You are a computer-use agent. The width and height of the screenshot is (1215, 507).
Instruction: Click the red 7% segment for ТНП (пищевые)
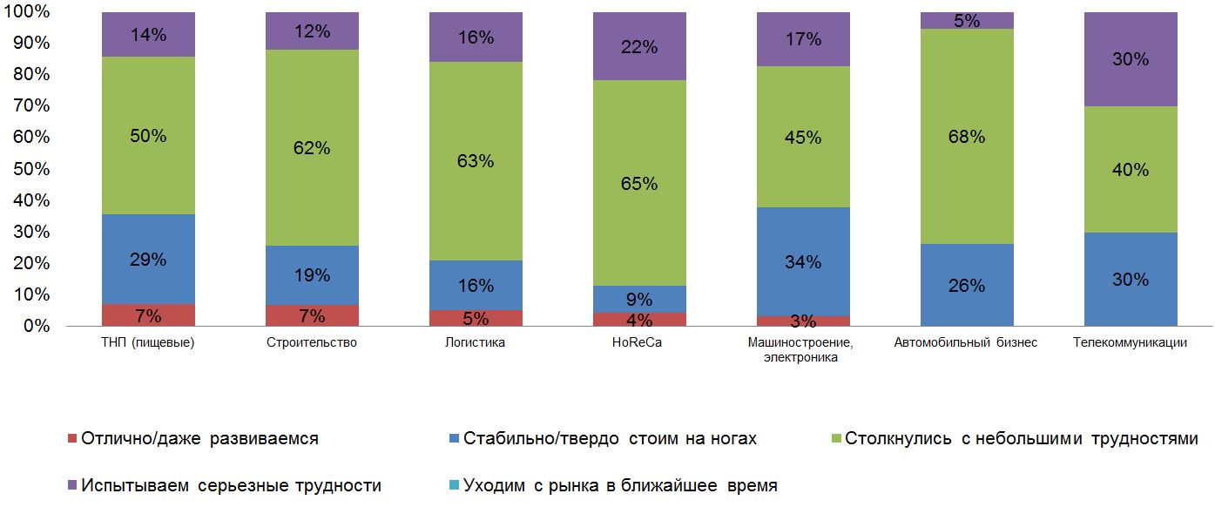coord(148,315)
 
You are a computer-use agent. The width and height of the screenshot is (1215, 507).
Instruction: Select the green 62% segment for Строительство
coord(312,148)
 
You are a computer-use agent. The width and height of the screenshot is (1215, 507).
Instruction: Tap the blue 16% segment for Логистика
coord(476,286)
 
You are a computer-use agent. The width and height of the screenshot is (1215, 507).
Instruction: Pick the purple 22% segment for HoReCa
coord(639,47)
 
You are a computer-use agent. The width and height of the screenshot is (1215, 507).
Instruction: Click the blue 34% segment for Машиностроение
coord(803,261)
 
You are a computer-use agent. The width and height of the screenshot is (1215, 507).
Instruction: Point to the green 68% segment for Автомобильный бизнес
coord(967,137)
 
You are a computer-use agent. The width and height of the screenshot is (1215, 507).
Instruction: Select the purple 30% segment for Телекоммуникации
coord(1131,59)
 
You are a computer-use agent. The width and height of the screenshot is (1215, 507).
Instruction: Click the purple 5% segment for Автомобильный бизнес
coord(967,21)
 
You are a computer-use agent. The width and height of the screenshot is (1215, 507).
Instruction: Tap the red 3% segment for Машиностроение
coord(803,321)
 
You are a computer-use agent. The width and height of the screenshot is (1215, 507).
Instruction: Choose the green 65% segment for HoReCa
coord(639,183)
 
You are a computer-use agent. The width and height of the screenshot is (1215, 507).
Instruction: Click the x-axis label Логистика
coord(476,342)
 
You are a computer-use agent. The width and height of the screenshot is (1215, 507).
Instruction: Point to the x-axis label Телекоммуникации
coord(1131,342)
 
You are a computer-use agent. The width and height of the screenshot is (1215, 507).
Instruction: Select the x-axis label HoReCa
coord(639,342)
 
